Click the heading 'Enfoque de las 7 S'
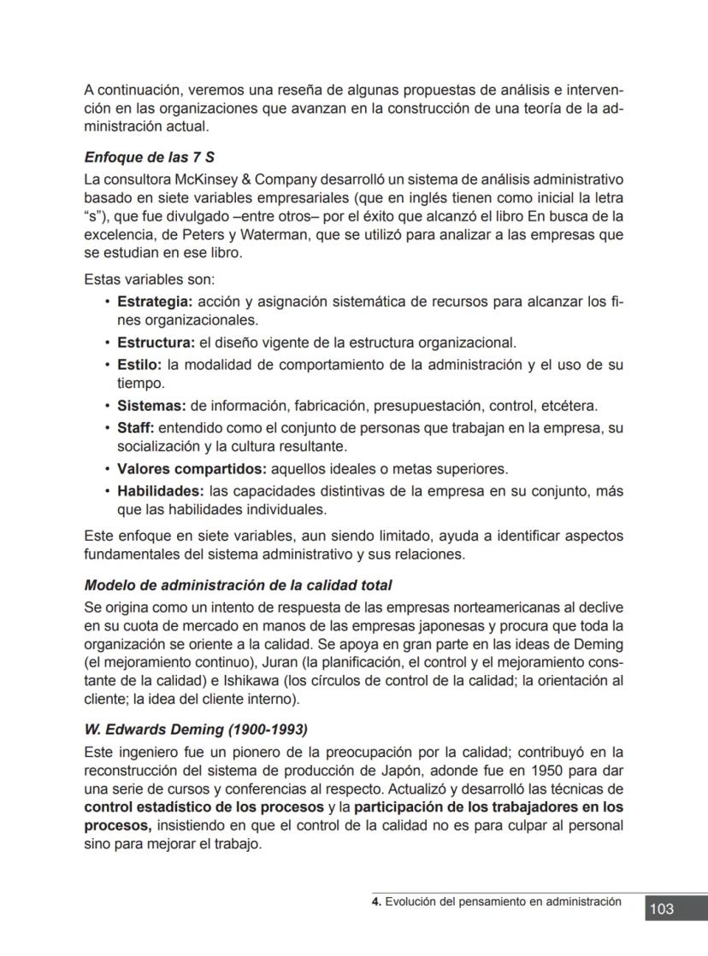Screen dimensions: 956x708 pyautogui.click(x=149, y=158)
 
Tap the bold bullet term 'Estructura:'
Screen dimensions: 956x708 pyautogui.click(x=156, y=343)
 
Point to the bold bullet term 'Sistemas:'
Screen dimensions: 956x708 pyautogui.click(x=151, y=406)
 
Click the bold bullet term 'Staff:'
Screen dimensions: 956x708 pyautogui.click(x=135, y=427)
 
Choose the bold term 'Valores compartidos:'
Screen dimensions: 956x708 pyautogui.click(x=192, y=469)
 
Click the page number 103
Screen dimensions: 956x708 pyautogui.click(x=662, y=909)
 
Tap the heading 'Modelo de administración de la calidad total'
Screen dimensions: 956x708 pyautogui.click(x=238, y=585)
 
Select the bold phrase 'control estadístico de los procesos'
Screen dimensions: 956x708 pyautogui.click(x=204, y=807)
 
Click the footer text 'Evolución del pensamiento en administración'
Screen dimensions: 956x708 pyautogui.click(x=503, y=901)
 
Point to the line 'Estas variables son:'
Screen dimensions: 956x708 pyautogui.click(x=149, y=279)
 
